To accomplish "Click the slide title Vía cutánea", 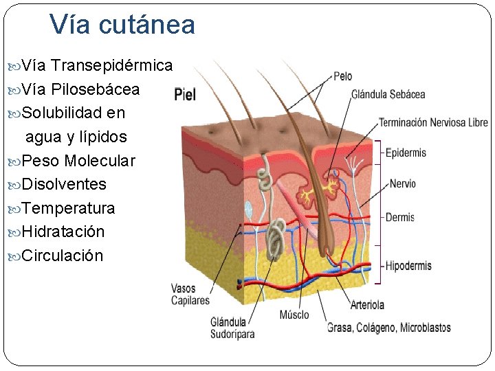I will [x=122, y=25].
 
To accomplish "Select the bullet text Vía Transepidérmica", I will [x=97, y=66].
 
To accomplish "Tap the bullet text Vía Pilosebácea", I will [x=80, y=89].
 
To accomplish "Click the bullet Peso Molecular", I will [x=78, y=161].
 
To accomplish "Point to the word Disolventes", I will [x=64, y=184].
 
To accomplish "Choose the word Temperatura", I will [x=68, y=208].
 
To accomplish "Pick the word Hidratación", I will [x=63, y=232].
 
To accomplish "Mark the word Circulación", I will [x=63, y=256].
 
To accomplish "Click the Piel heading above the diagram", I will [x=186, y=95].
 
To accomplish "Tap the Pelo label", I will [x=343, y=76].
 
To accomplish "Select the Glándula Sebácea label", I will [x=388, y=94].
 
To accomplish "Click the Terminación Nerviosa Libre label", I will [x=433, y=123].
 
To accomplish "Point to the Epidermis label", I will [x=406, y=153].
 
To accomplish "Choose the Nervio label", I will [x=402, y=184].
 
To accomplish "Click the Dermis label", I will [x=400, y=217].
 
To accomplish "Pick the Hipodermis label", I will [x=408, y=266].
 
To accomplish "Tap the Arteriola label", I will [x=367, y=305].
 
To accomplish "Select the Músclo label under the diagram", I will [x=294, y=315].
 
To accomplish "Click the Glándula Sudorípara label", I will [x=232, y=328].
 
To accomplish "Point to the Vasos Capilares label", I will [x=190, y=295].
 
